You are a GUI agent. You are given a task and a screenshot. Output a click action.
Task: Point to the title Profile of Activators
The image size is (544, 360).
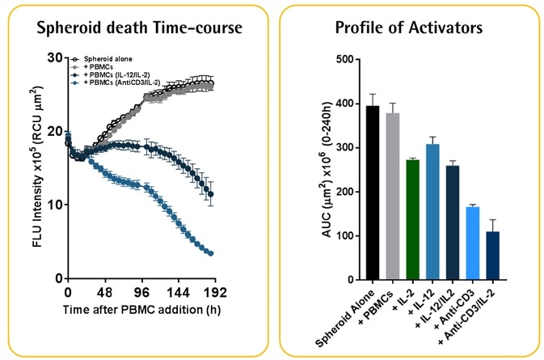pos(410,28)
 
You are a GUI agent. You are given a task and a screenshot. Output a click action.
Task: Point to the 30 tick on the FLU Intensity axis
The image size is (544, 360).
pos(54,57)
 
